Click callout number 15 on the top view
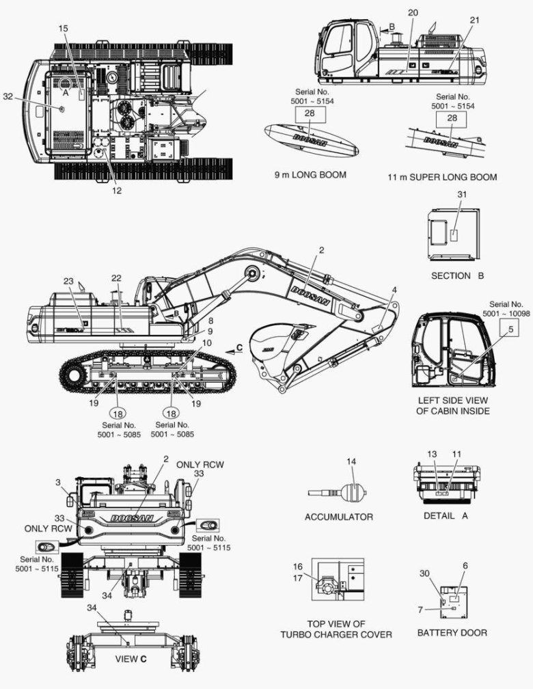(63, 28)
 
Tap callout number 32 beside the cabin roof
(8, 97)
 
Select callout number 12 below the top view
(117, 191)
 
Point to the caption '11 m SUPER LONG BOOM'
(442, 177)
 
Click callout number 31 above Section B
(461, 194)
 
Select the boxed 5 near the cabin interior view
(509, 329)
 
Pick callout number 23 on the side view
(68, 281)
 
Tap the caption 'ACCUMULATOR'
(339, 517)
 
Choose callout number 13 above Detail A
(431, 454)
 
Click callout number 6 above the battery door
(465, 565)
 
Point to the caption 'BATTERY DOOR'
(452, 632)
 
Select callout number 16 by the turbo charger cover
(298, 567)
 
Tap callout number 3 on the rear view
(59, 483)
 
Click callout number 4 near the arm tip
(394, 291)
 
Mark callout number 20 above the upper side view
(412, 13)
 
